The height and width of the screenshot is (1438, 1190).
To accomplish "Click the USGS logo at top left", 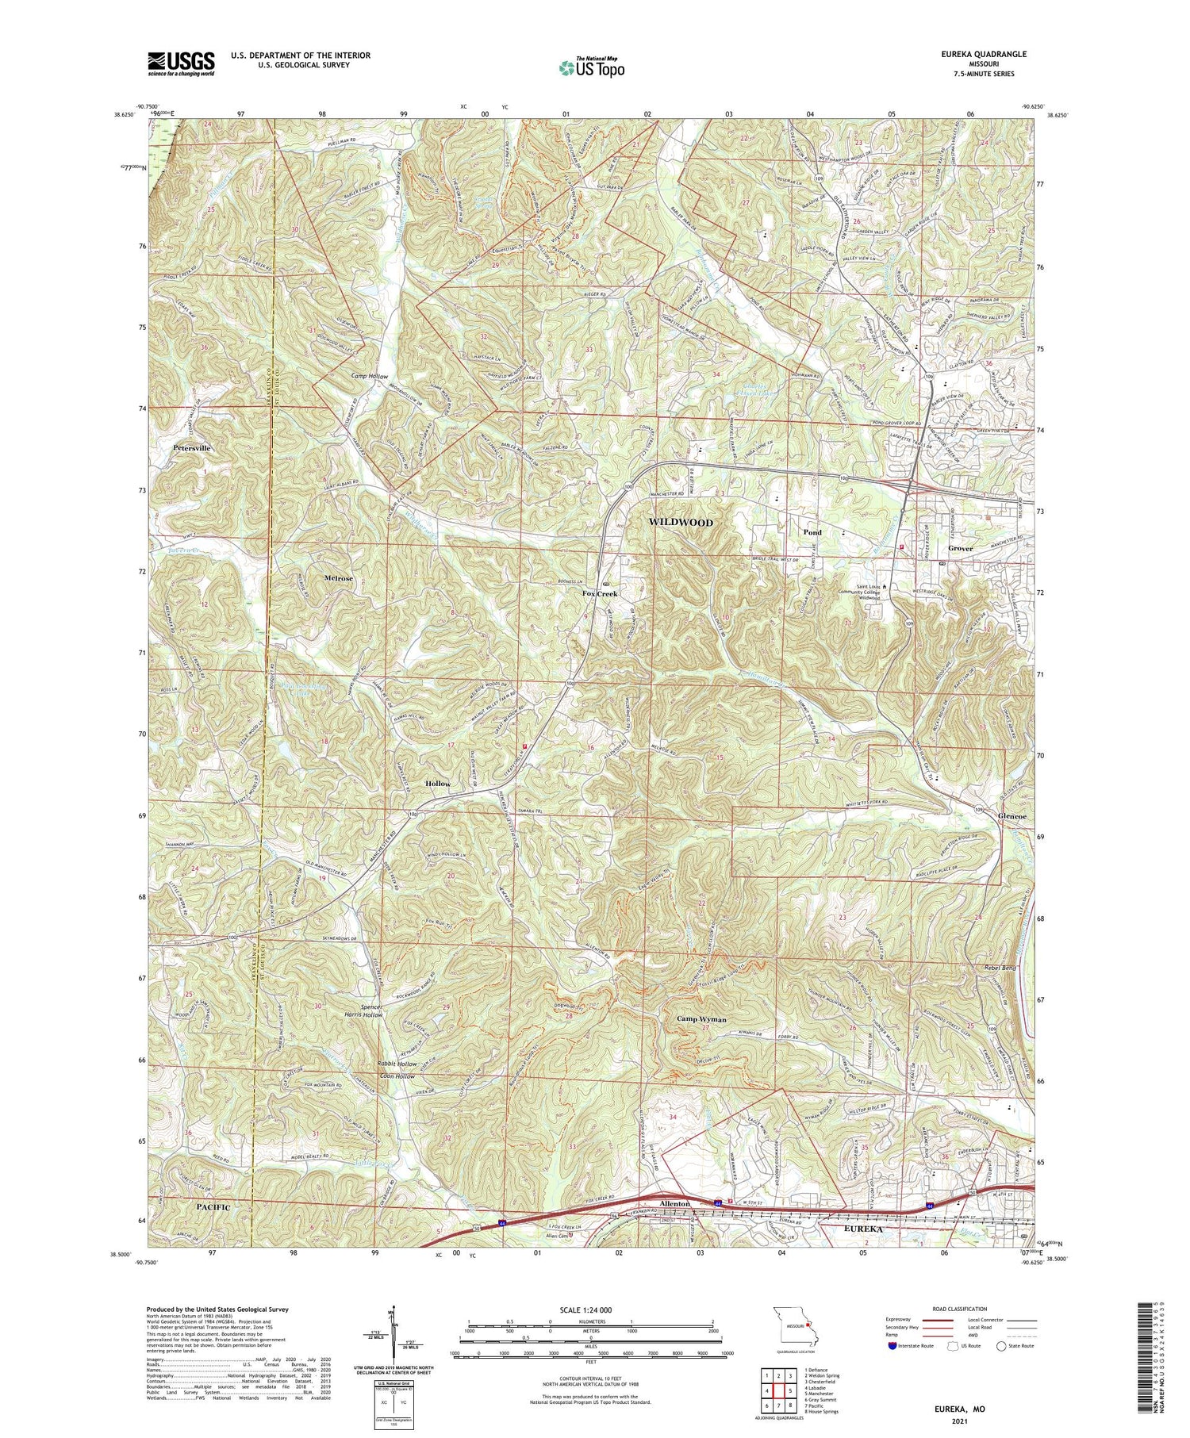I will point(181,63).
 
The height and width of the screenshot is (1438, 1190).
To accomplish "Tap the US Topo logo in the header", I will point(592,68).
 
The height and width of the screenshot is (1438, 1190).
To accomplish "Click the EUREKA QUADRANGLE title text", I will point(986,54).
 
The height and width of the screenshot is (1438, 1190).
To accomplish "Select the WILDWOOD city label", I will point(681,522).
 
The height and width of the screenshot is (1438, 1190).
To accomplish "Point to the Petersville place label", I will point(192,448).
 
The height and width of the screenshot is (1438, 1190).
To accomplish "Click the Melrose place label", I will point(338,578).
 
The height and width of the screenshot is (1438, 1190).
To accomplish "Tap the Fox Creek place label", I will point(600,593).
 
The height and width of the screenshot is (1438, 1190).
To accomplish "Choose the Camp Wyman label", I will point(701,1018).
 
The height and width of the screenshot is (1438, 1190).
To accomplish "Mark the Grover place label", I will point(960,548).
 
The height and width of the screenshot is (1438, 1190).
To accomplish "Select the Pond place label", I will point(812,532).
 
